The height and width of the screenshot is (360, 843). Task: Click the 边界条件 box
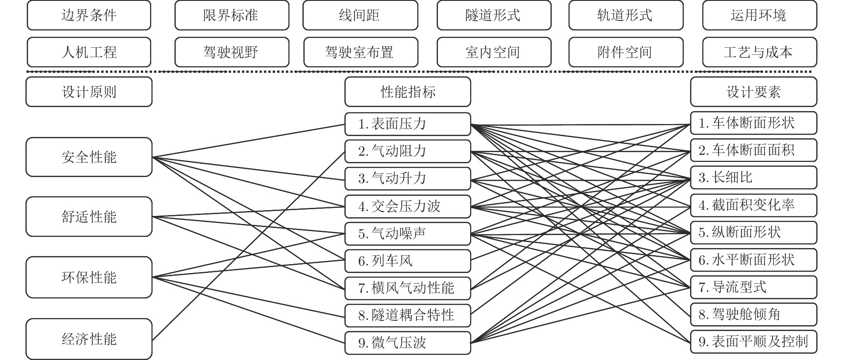89,16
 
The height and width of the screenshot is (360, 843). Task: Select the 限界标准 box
231,16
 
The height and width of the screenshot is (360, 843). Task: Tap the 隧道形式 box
494,16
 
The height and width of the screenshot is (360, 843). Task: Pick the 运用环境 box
759,16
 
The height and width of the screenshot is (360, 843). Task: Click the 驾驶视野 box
231,52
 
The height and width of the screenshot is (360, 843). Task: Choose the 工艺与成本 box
759,52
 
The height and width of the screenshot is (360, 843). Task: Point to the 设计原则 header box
89,92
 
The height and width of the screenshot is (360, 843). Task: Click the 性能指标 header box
407,92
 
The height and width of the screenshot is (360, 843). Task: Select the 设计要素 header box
753,92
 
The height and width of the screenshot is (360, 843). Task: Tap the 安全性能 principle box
89,157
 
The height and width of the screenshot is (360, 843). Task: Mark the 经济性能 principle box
89,339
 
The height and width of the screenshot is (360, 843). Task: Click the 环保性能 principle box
89,277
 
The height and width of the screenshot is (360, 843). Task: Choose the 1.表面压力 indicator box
407,124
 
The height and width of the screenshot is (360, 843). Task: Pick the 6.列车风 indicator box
407,261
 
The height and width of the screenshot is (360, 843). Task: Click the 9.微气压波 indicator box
407,343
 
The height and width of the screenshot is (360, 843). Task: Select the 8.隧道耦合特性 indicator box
407,315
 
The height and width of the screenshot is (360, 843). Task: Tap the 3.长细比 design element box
753,178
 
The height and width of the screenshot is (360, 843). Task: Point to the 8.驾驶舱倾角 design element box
753,314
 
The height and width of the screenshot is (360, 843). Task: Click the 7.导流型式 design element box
753,287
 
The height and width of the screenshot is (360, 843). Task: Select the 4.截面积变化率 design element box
753,205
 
